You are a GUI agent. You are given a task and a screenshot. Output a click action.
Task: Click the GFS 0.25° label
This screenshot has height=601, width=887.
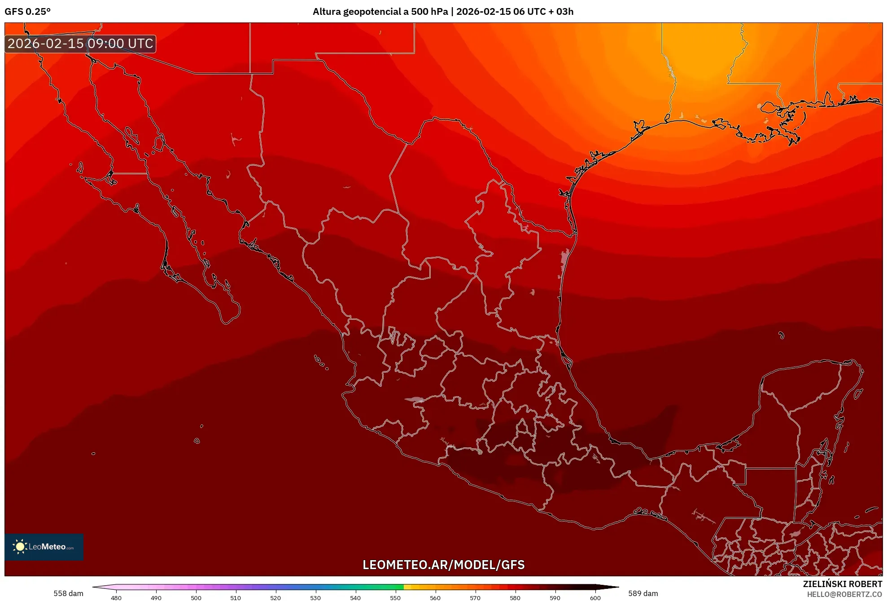(27, 12)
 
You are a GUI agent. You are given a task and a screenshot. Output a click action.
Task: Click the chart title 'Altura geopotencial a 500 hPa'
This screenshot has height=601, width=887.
(380, 12)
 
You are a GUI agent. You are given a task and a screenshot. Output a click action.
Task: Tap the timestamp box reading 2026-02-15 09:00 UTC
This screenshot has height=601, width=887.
(80, 44)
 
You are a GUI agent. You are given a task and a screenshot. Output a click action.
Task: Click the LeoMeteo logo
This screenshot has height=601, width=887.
(44, 547)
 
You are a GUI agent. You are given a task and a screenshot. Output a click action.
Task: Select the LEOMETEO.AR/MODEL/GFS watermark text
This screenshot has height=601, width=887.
(443, 565)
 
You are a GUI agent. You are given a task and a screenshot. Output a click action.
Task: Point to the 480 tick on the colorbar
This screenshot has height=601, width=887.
(116, 597)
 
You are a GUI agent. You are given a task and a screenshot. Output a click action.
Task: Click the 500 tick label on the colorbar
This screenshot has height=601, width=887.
(196, 597)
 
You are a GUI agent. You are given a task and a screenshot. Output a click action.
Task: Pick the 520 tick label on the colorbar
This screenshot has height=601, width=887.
(275, 597)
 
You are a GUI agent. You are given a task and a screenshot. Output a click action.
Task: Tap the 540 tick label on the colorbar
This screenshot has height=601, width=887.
(355, 597)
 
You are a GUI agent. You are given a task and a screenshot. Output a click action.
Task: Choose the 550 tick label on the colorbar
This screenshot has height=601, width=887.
(395, 597)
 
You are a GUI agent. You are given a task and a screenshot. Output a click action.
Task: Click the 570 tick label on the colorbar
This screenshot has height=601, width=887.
(475, 597)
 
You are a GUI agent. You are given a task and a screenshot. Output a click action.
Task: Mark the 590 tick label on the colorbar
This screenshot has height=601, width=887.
(555, 597)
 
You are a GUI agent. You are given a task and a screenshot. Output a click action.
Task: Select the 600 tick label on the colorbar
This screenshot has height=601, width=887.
(595, 597)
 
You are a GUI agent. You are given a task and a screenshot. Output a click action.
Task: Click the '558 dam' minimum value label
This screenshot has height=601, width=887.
(68, 593)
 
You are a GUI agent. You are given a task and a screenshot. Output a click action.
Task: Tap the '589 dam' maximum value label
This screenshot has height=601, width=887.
(643, 593)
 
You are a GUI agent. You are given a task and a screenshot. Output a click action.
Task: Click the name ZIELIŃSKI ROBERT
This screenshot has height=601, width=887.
(842, 584)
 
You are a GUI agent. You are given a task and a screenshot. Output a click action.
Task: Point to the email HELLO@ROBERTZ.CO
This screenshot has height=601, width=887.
(844, 594)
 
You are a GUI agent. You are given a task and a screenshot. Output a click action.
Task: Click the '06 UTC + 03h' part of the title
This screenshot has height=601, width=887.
(543, 12)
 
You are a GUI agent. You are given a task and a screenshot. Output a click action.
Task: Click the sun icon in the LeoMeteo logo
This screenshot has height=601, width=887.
(20, 546)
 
